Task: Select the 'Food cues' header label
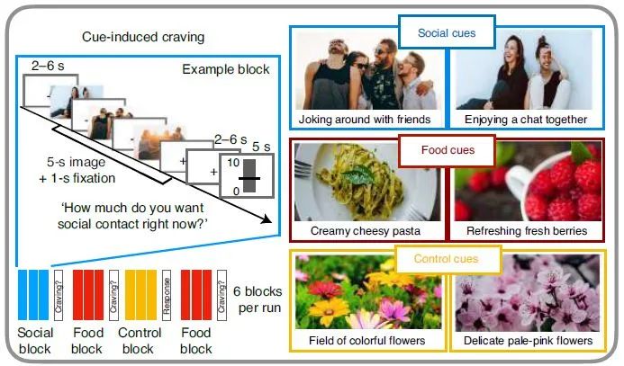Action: pyautogui.click(x=448, y=149)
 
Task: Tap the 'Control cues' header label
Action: pyautogui.click(x=446, y=260)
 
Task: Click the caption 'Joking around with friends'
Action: pyautogui.click(x=366, y=119)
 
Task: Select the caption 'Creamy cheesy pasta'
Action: pyautogui.click(x=366, y=231)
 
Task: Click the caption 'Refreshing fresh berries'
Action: pyautogui.click(x=527, y=231)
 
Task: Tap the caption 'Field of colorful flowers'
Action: pyautogui.click(x=366, y=342)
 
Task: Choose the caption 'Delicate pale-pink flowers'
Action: pyautogui.click(x=527, y=342)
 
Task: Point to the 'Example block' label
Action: pyautogui.click(x=225, y=70)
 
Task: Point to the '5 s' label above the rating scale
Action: pyautogui.click(x=259, y=147)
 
